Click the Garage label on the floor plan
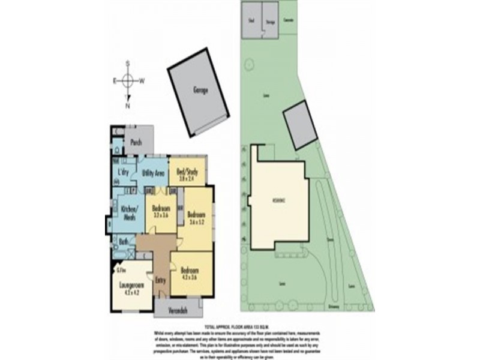200,91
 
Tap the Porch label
136,143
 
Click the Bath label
122,242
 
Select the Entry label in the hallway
160,280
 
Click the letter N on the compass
128,106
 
